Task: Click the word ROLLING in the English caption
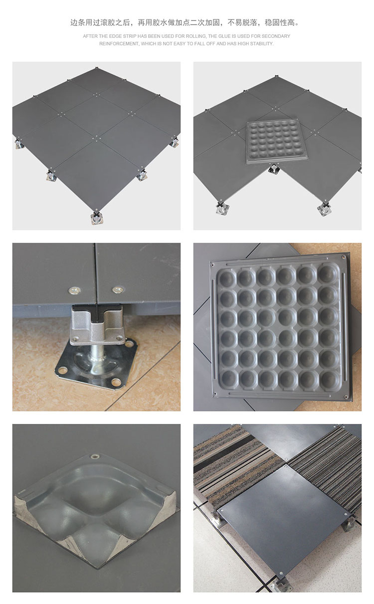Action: pos(196,36)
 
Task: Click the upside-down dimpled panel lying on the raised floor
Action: pos(277,142)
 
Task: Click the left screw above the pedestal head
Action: pos(74,290)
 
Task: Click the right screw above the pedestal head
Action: pos(118,290)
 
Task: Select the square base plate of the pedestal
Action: pos(96,364)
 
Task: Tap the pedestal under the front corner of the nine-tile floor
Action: pos(96,217)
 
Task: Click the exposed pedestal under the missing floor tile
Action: pos(274,169)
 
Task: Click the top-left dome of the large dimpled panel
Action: pos(226,278)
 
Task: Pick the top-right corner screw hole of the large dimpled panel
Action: pos(343,257)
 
